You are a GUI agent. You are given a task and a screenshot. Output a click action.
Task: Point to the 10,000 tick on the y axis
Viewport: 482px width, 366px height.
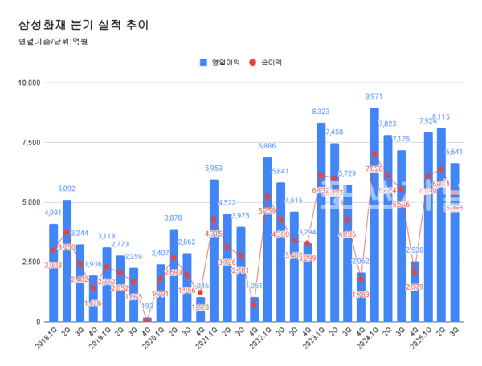[30, 83]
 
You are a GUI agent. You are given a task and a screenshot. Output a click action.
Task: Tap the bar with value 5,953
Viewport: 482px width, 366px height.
[214, 257]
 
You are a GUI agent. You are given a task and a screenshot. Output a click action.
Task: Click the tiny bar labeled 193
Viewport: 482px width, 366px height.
[147, 319]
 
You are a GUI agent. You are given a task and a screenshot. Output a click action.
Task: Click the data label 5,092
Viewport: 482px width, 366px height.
[67, 189]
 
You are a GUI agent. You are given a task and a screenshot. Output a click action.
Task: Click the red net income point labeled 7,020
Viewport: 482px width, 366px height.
[374, 155]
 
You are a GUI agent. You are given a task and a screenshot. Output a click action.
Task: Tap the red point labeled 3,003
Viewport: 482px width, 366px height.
[53, 250]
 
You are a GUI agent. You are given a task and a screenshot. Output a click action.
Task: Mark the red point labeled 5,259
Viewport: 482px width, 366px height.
[268, 197]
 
